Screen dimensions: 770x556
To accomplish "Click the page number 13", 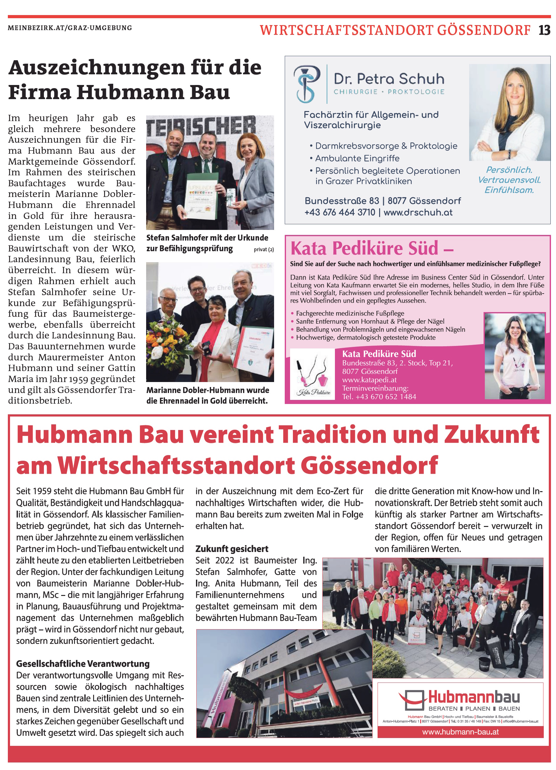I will pyautogui.click(x=544, y=30).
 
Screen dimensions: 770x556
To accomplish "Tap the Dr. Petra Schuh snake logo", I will pyautogui.click(x=306, y=84).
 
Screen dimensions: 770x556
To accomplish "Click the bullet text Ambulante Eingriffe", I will pyautogui.click(x=357, y=159).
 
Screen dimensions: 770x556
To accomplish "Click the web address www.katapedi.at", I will pyautogui.click(x=369, y=380).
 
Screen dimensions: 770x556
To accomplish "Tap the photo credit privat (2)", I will pyautogui.click(x=263, y=250).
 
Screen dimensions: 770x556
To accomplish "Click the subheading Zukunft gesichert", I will pyautogui.click(x=231, y=549).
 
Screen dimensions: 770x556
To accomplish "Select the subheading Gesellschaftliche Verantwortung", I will pyautogui.click(x=83, y=664).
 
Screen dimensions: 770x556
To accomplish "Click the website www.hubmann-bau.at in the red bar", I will pyautogui.click(x=460, y=732).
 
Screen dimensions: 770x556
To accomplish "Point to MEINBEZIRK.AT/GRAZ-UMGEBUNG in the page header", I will pyautogui.click(x=70, y=28).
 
